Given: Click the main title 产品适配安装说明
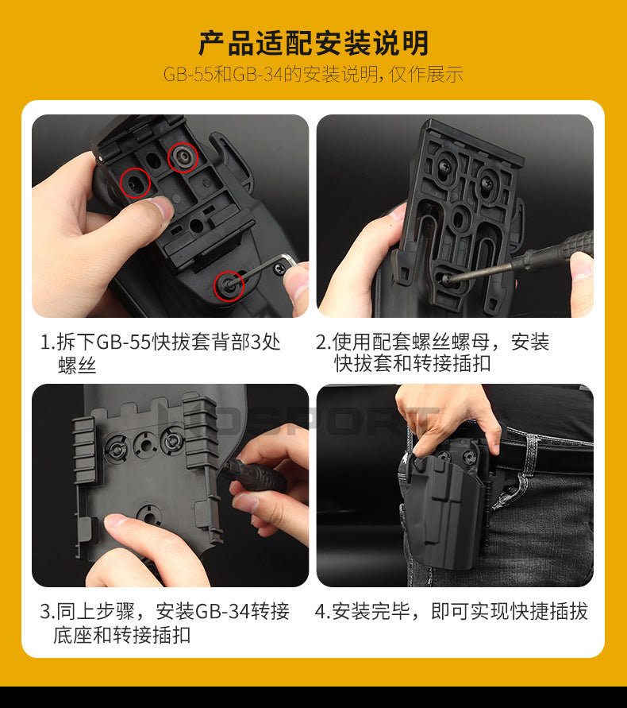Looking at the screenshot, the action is (x=313, y=43).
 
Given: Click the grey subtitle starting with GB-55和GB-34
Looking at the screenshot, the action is (x=313, y=75).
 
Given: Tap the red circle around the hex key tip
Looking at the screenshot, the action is (x=229, y=285).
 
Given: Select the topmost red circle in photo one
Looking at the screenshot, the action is (x=183, y=157).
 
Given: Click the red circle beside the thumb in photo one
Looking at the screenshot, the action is (x=135, y=183).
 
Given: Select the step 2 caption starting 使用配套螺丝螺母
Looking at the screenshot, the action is (x=433, y=353).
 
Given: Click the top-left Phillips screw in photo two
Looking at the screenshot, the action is (x=444, y=167).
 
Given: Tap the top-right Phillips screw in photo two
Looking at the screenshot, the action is (x=488, y=182).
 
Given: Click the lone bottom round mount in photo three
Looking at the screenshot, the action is (x=149, y=514).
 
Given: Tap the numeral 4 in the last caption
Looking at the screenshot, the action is (x=320, y=612).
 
